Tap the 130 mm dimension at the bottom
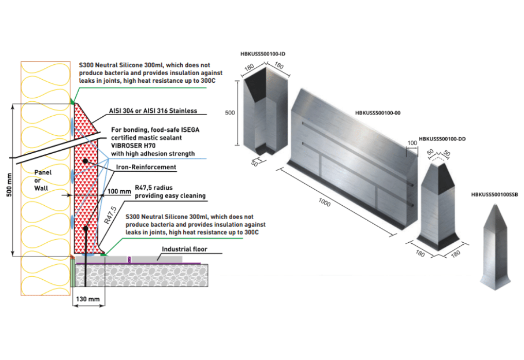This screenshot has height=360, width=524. click(88, 298)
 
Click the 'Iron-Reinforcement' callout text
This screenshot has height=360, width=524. click(147, 167)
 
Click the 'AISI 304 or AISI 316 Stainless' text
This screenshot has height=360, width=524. click(153, 111)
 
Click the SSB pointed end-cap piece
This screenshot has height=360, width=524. click(496, 247)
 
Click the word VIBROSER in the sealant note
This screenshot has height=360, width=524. click(125, 146)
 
